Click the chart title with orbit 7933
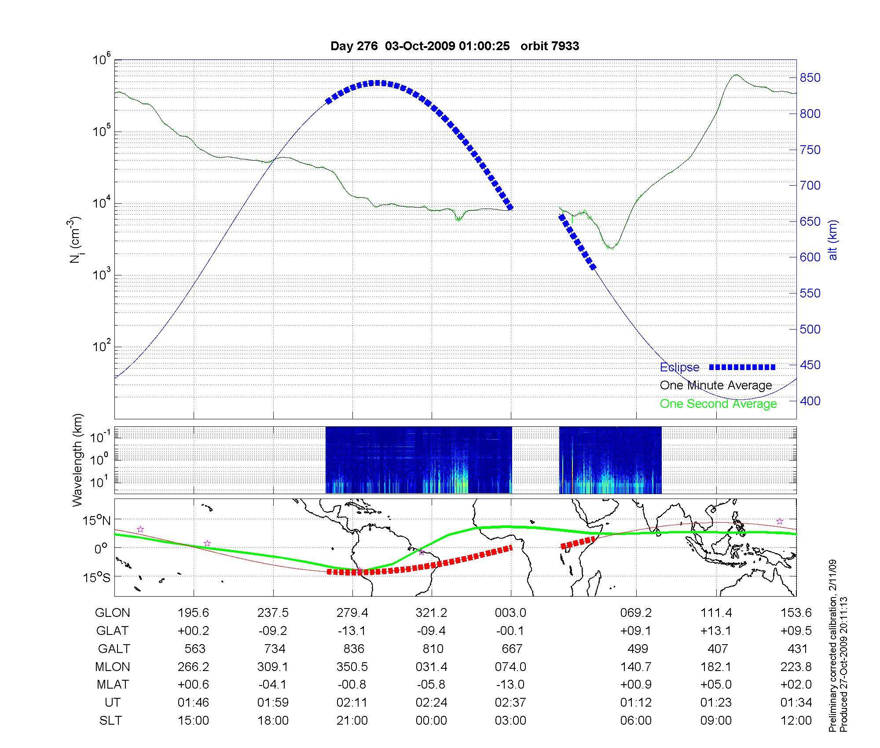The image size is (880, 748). point(455,46)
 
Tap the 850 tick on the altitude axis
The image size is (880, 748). point(810,78)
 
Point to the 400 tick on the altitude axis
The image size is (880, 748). point(810,401)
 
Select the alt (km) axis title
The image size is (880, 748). point(833,240)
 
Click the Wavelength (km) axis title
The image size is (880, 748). point(77,460)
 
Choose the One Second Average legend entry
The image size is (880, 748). point(718,404)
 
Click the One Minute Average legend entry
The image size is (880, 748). point(716,385)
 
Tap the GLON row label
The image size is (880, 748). point(113,613)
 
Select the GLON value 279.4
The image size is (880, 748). point(352,613)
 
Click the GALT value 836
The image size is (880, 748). point(354,649)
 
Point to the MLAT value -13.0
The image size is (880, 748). point(510,685)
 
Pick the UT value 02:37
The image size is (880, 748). point(510,703)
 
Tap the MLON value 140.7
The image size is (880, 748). point(636,667)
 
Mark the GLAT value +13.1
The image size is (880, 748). point(716,631)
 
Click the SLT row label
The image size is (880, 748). point(110,721)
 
